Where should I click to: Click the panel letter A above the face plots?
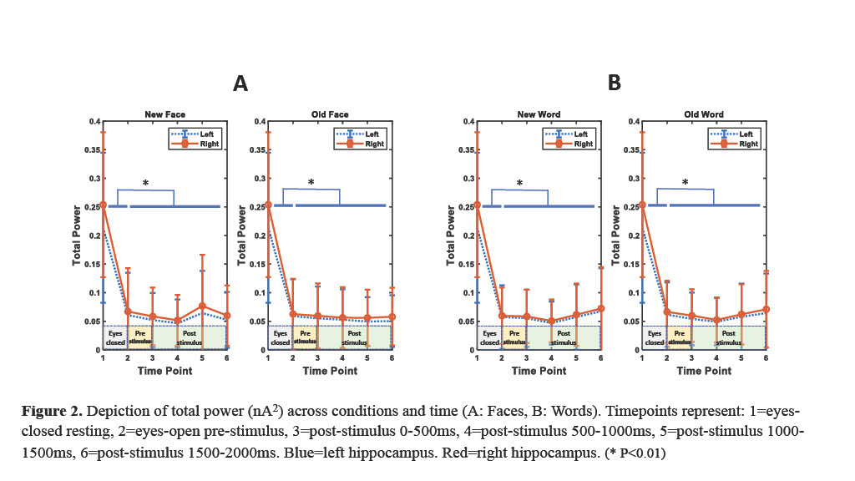click(x=240, y=84)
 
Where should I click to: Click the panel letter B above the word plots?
click(x=615, y=84)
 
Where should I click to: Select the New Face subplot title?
click(x=164, y=114)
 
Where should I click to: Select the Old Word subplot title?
click(x=705, y=114)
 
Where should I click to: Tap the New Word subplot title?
click(x=539, y=114)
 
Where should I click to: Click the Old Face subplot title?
click(x=331, y=114)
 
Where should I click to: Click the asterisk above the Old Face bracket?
click(x=311, y=183)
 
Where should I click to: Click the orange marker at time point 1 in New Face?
click(x=103, y=205)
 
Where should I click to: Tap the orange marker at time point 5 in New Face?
click(x=202, y=306)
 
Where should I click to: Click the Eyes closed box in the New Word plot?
click(x=489, y=337)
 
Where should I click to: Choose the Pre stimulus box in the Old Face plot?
click(x=306, y=337)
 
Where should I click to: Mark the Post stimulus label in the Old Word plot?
click(x=728, y=337)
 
